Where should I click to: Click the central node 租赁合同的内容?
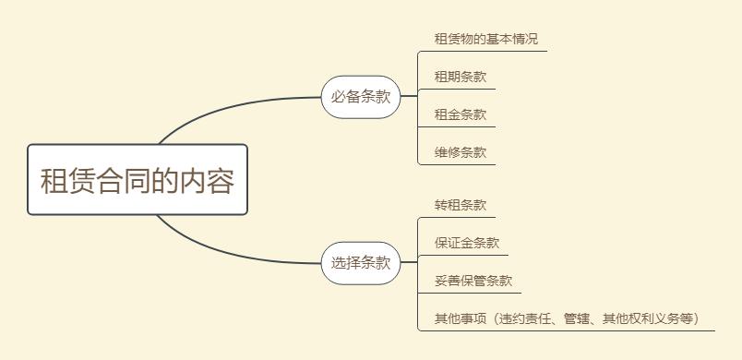click(x=138, y=180)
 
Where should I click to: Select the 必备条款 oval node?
click(x=361, y=97)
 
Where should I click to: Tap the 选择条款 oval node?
click(x=361, y=263)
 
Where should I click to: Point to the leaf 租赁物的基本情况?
click(x=485, y=40)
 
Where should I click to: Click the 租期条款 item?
click(x=460, y=78)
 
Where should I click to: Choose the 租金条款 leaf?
click(x=460, y=115)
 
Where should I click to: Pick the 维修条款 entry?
click(x=460, y=153)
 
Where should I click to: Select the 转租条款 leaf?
click(x=460, y=206)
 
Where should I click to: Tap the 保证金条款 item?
click(x=466, y=244)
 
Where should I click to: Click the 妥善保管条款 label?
click(x=473, y=282)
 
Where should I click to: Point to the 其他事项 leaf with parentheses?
click(x=568, y=319)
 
